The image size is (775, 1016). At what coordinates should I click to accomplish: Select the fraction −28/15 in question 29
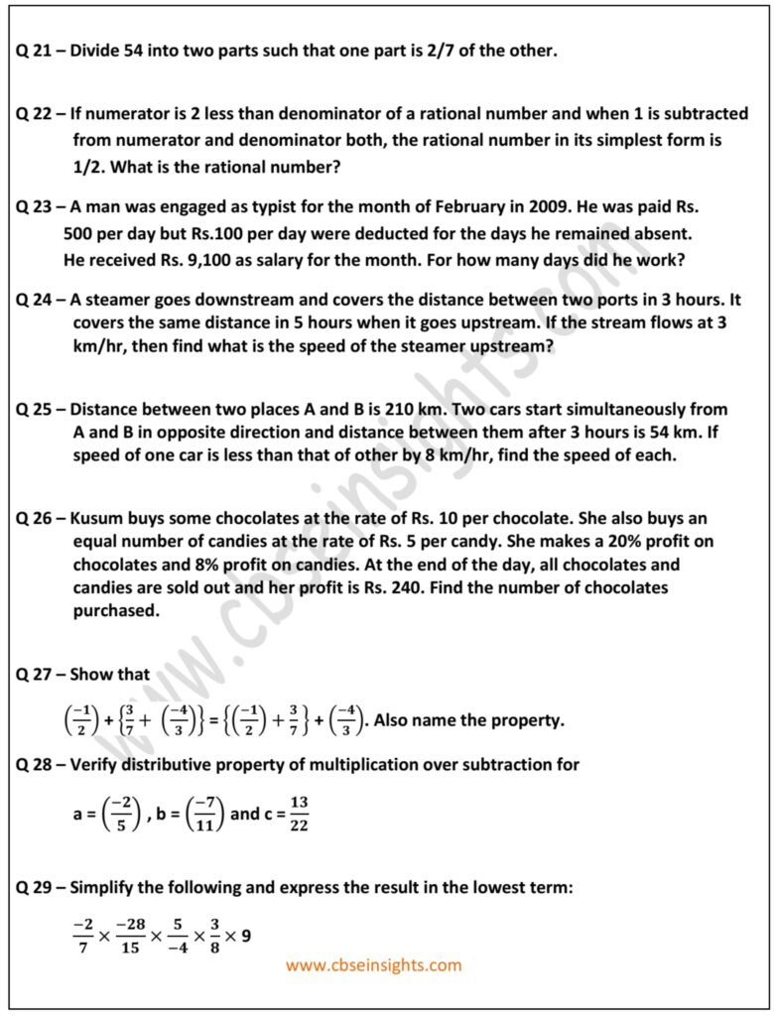(130, 934)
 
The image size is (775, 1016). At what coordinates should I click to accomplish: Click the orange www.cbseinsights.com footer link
(373, 964)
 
